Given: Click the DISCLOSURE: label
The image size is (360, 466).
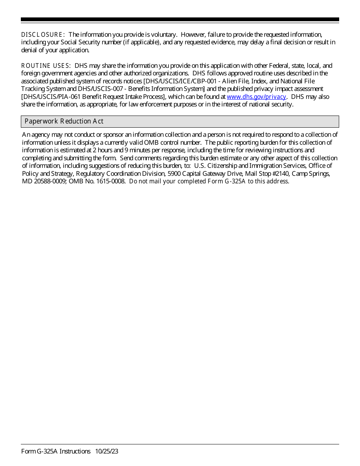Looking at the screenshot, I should (43, 34).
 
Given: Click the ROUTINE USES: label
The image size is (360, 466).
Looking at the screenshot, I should (45, 66).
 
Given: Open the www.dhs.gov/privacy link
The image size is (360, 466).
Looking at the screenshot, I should (256, 97).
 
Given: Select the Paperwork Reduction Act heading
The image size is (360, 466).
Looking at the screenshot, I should (64, 121).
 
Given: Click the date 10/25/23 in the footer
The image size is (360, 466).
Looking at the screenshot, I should (107, 451).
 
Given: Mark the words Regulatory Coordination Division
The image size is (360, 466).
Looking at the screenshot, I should (121, 174).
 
